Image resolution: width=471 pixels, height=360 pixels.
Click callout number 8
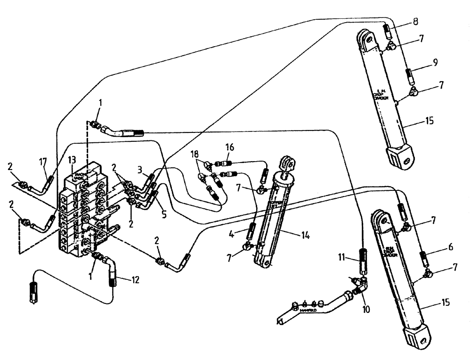click(414, 21)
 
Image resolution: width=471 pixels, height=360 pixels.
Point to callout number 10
click(366, 310)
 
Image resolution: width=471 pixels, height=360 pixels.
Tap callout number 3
click(140, 169)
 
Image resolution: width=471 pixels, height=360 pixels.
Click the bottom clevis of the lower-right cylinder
click(418, 336)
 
